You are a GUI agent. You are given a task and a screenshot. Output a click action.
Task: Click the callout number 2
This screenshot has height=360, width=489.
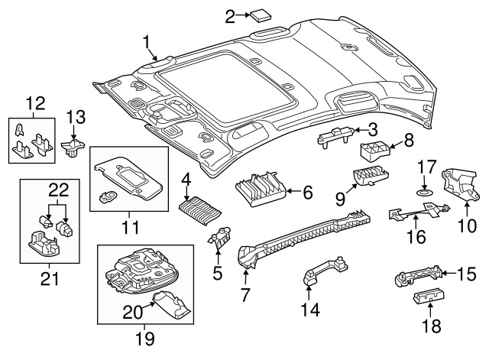click(231, 15)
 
